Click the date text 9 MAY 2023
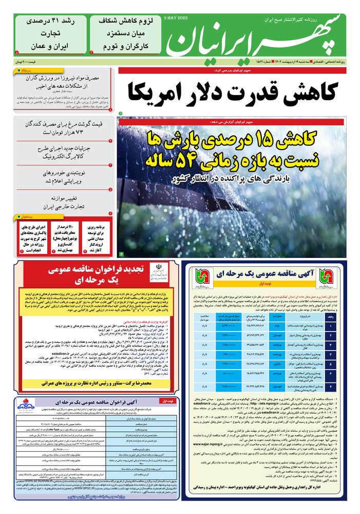coord(176,18)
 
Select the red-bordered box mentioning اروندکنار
coord(98,237)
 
